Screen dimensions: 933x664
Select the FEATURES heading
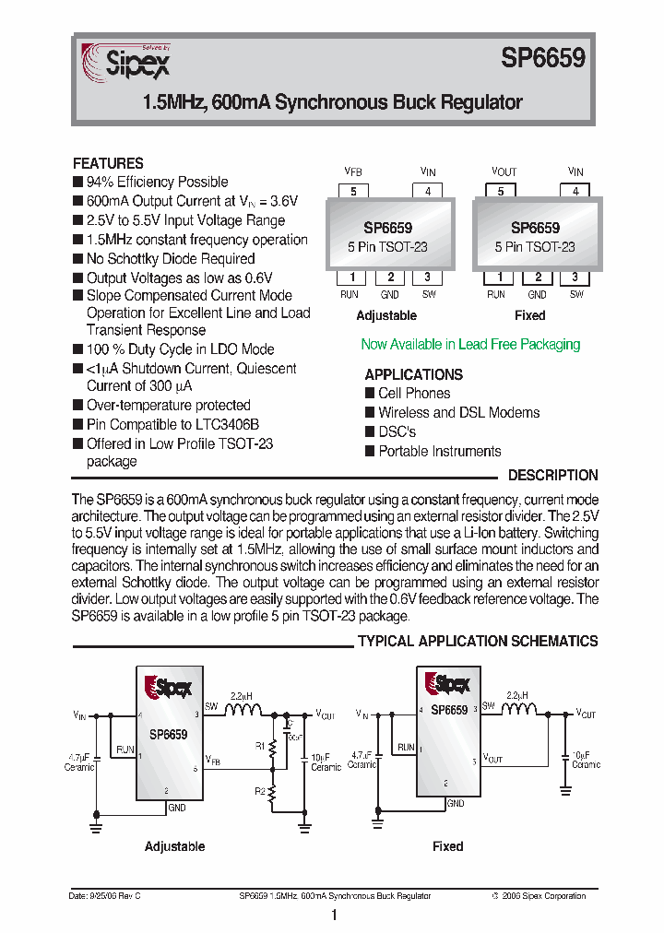tap(108, 163)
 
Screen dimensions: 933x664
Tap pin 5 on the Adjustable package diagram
tap(353, 192)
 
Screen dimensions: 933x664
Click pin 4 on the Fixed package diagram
tap(575, 192)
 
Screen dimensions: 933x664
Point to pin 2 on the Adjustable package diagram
tap(390, 278)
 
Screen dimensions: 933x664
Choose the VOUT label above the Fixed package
tap(504, 172)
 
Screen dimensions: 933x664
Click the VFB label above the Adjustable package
tap(353, 172)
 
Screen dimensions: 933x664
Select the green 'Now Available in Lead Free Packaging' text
tap(470, 344)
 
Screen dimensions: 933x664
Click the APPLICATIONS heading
tap(413, 374)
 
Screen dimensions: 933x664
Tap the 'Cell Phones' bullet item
tap(414, 394)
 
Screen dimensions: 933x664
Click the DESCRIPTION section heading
tap(553, 476)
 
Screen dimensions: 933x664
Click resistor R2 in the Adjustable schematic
tap(272, 793)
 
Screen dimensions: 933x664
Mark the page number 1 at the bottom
tap(333, 915)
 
